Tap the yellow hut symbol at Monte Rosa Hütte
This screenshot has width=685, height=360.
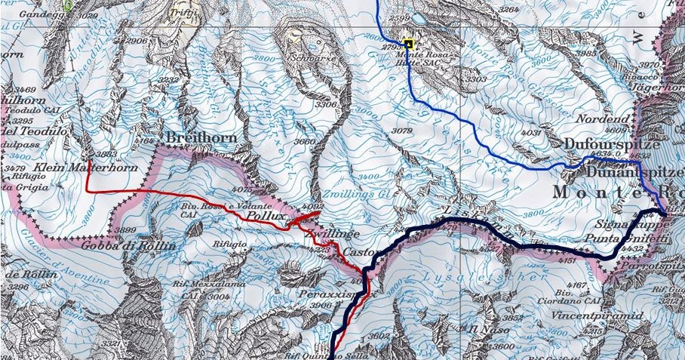point(408,44)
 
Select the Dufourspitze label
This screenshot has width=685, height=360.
point(613,143)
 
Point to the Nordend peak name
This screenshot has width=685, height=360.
point(601,119)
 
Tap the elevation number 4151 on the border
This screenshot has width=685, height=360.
point(567,261)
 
